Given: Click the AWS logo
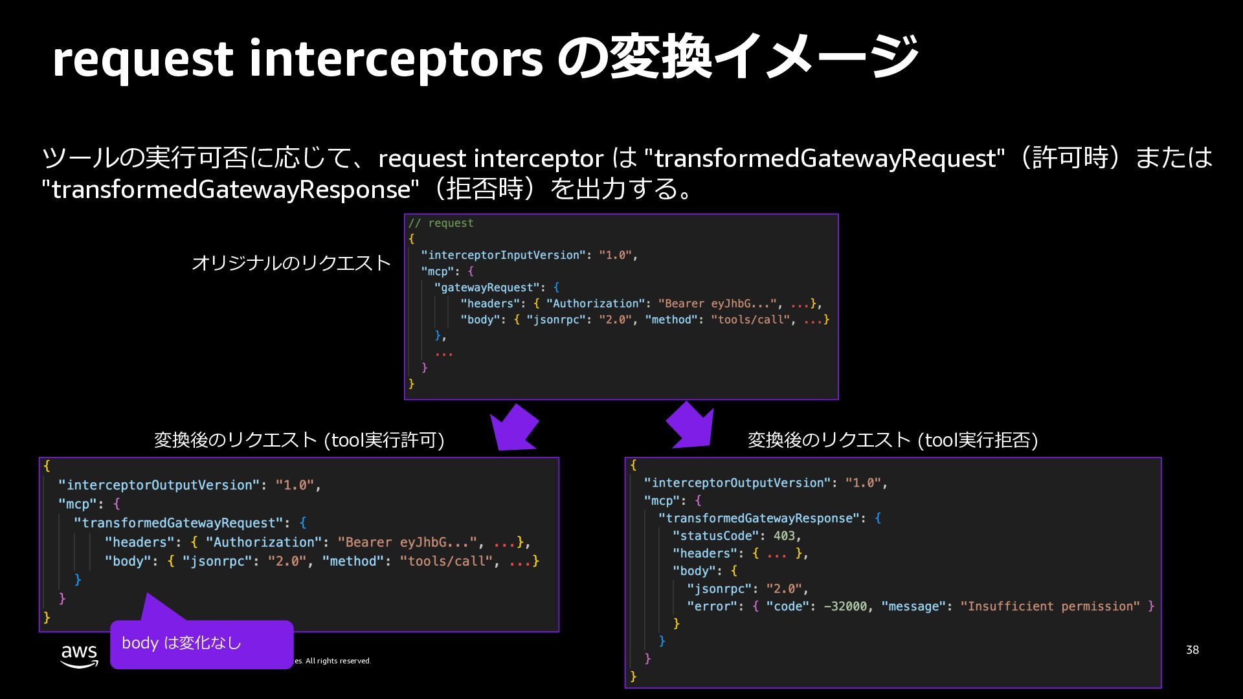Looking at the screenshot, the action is click(x=80, y=655).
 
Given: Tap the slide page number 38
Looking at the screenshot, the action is click(x=1192, y=650).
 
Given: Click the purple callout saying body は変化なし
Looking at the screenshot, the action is click(x=201, y=643).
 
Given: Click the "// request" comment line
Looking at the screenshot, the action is click(x=441, y=223).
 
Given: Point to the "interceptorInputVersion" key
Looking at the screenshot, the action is click(x=503, y=255).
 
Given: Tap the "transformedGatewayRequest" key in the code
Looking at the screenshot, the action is click(x=179, y=523).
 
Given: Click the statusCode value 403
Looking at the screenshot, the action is click(x=784, y=536).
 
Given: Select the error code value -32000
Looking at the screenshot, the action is click(x=845, y=606).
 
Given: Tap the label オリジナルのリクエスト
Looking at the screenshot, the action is click(x=291, y=263).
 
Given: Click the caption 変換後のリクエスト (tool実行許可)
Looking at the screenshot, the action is click(x=299, y=440).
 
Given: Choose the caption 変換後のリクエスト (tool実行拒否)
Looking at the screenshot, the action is click(x=893, y=440).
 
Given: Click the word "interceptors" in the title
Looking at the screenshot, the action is click(x=396, y=58).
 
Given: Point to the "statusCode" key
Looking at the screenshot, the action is click(x=715, y=536).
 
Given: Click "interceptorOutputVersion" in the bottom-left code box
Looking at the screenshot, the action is click(x=159, y=485).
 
